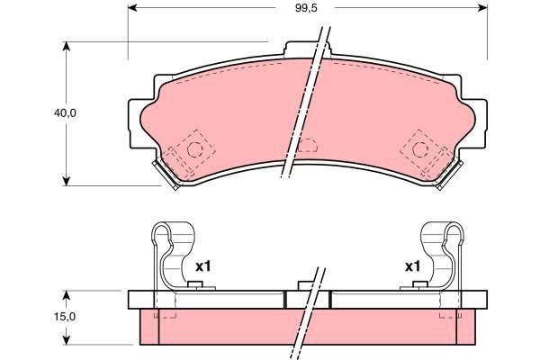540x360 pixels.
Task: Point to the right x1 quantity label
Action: pyautogui.click(x=412, y=266)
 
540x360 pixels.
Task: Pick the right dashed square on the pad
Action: pyautogui.click(x=419, y=146)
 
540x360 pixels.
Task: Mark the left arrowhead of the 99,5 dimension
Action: pyautogui.click(x=132, y=8)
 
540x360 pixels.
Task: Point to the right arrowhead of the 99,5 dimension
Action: pyautogui.click(x=482, y=8)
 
